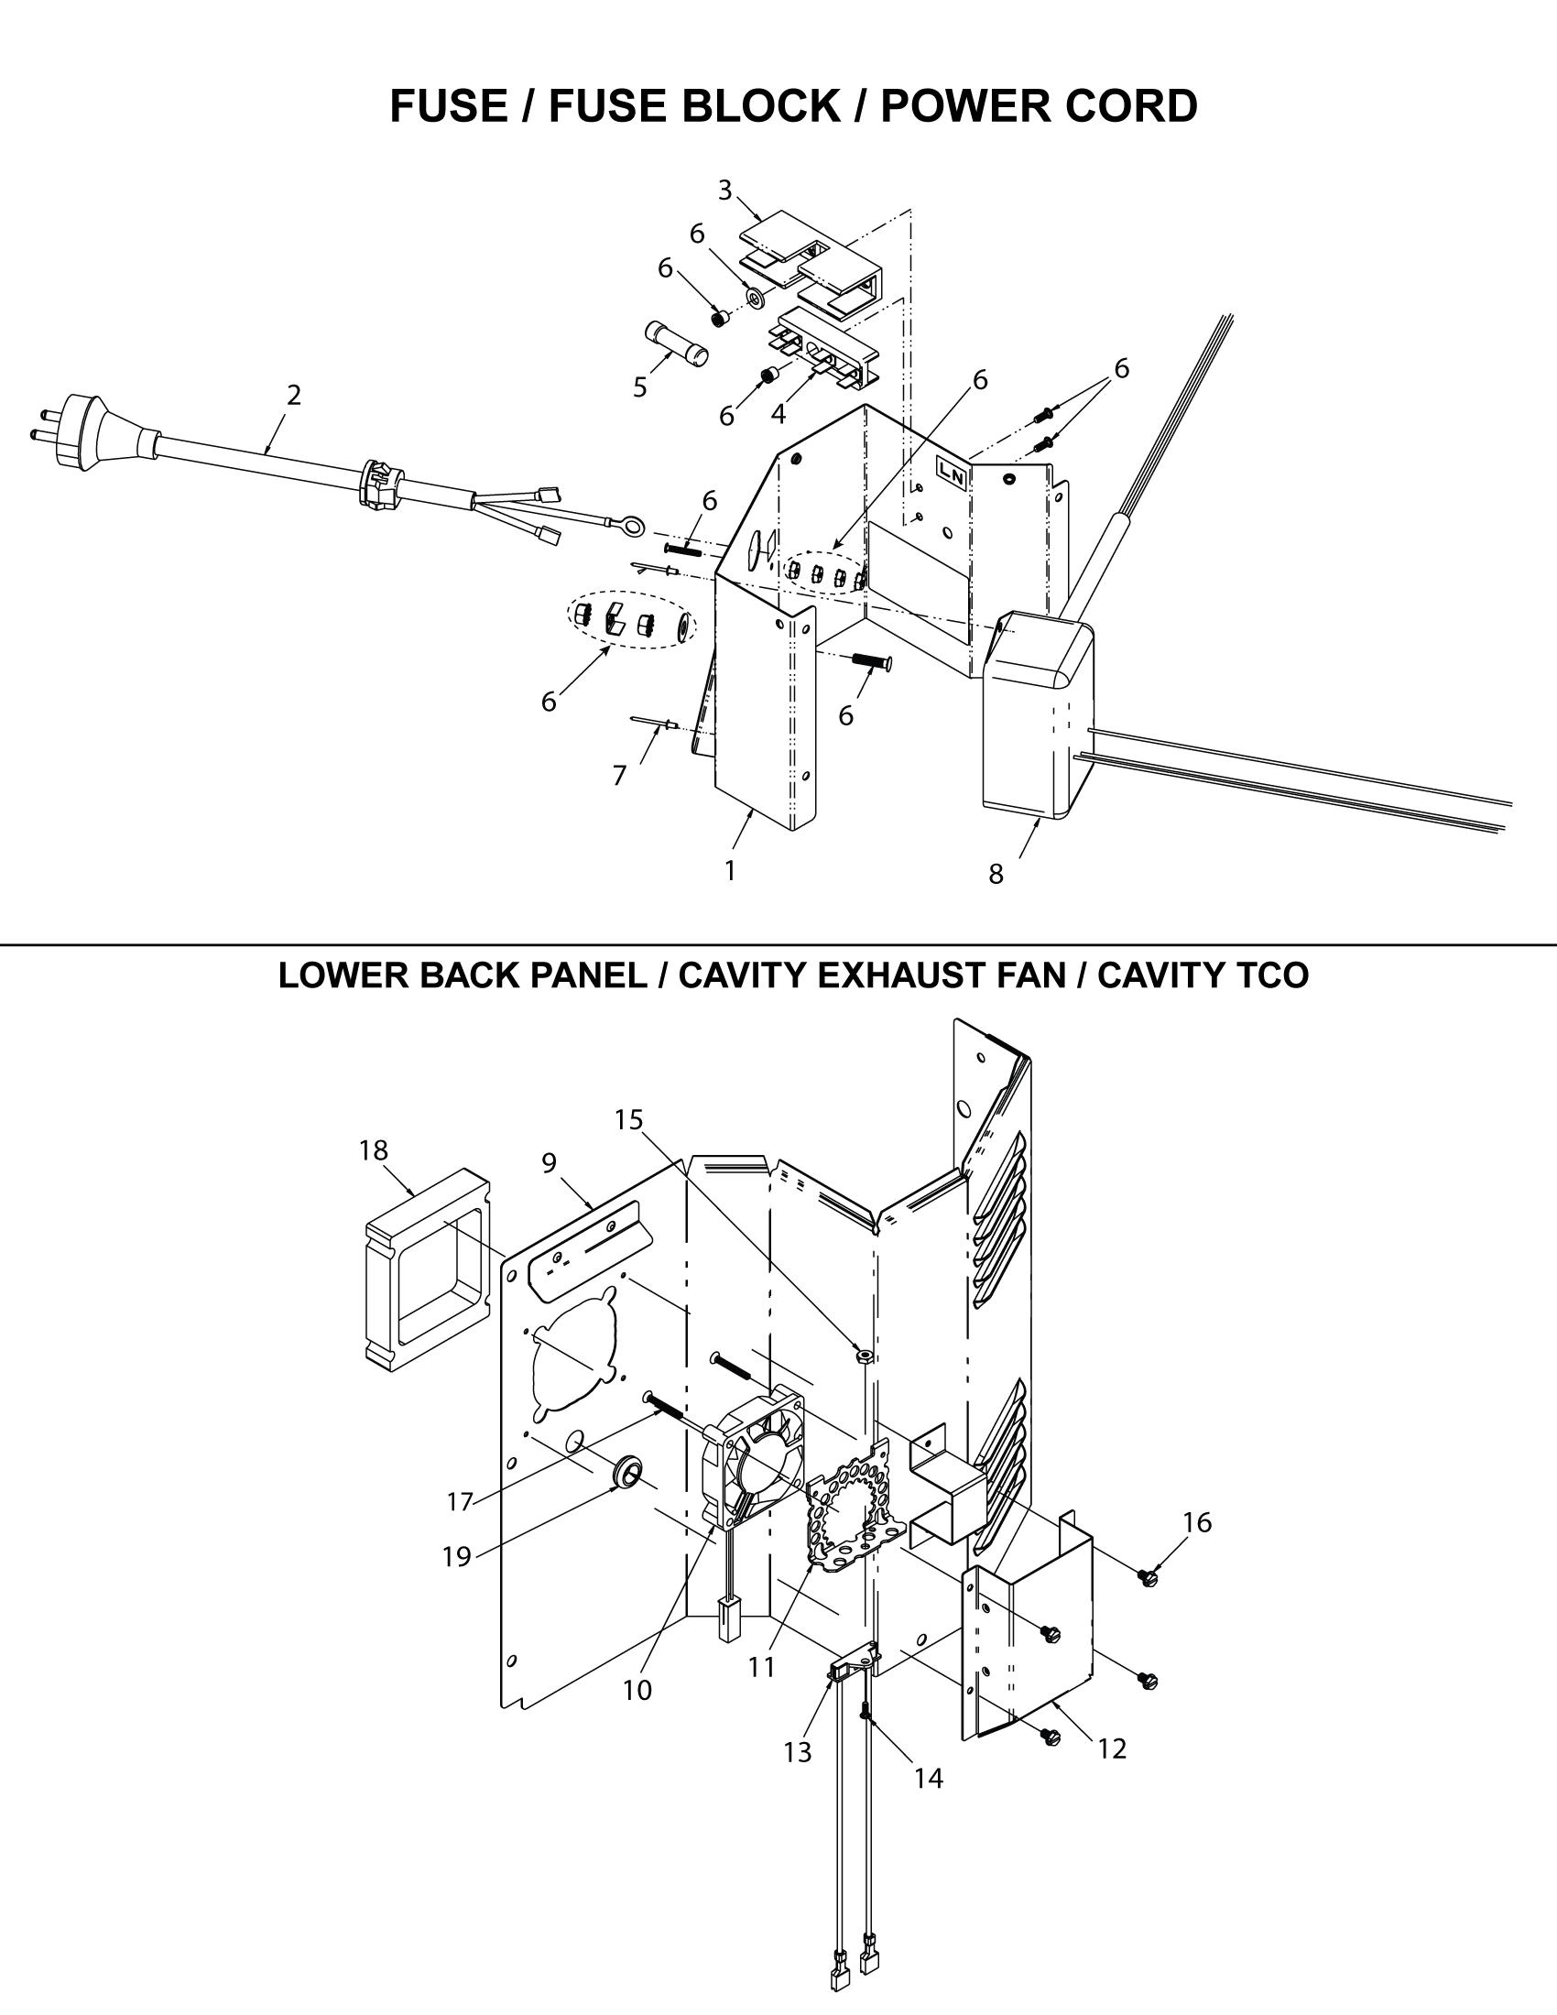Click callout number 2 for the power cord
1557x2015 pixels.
[293, 395]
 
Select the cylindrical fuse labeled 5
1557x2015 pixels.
[674, 343]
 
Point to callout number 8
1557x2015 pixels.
[996, 874]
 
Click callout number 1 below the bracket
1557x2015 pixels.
[730, 870]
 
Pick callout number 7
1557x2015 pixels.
[620, 776]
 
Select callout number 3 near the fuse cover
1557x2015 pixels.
[725, 191]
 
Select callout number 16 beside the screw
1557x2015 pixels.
[1197, 1522]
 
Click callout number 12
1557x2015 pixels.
[1113, 1748]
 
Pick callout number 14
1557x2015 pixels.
[929, 1778]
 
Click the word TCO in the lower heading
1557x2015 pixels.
[1270, 975]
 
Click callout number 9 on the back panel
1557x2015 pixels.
[549, 1163]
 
